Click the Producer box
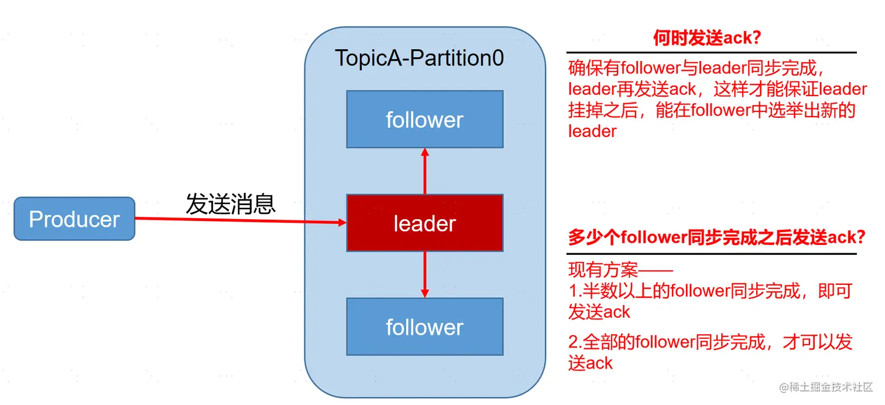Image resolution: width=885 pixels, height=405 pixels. (74, 219)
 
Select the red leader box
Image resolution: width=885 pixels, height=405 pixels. (424, 223)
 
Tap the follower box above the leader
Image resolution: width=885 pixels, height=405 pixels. (424, 119)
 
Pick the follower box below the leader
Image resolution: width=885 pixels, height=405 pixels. (424, 326)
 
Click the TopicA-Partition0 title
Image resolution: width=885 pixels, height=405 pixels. (419, 58)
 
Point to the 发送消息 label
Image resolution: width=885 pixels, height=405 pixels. (231, 204)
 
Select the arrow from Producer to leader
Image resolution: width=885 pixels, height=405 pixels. (234, 220)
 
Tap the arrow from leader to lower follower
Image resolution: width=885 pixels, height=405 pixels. (425, 274)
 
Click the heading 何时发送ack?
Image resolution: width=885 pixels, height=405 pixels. (706, 39)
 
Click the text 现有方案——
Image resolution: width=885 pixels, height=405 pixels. (620, 271)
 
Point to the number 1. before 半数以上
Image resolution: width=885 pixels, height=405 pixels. (575, 291)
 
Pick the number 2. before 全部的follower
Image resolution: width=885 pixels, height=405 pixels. (575, 342)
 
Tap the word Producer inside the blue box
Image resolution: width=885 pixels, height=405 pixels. (74, 219)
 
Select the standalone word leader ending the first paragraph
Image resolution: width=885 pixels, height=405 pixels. (592, 131)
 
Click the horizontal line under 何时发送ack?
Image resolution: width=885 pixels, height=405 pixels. (711, 53)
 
